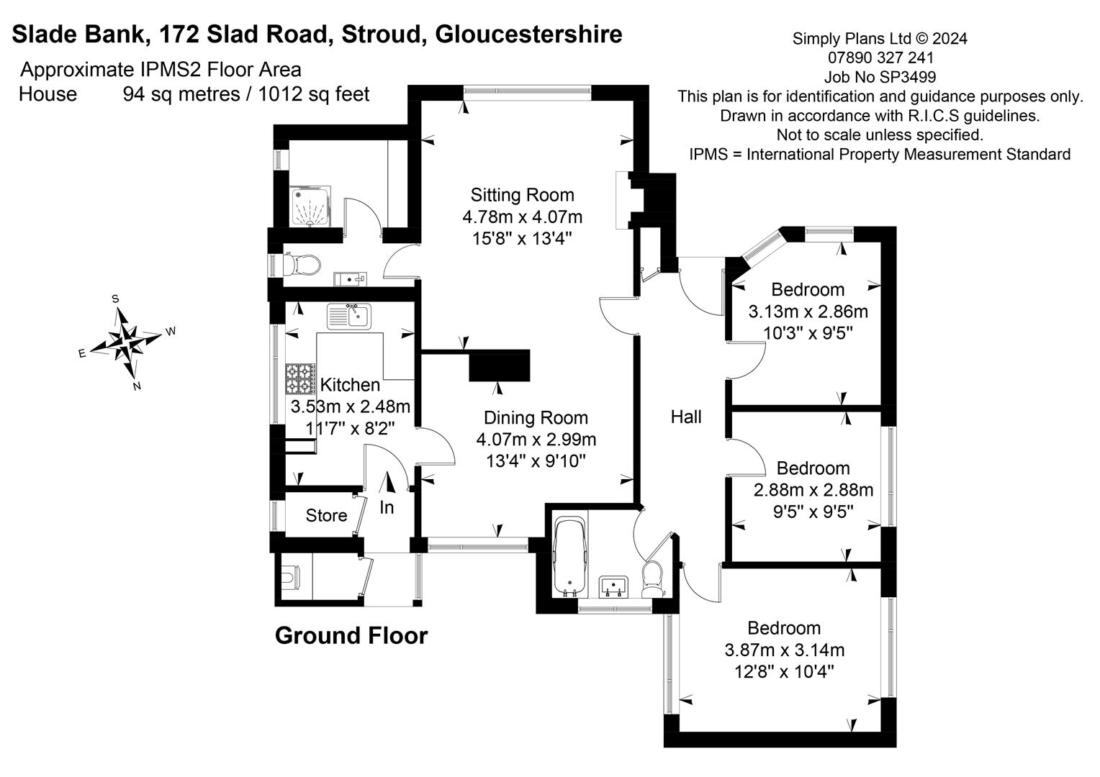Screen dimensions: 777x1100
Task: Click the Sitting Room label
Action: point(522,194)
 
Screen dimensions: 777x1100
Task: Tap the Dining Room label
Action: point(536,417)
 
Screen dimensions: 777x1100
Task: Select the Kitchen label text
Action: point(350,385)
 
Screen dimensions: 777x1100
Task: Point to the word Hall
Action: point(685,417)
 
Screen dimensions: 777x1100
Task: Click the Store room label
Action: point(326,515)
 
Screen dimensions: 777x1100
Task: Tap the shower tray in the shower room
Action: point(310,206)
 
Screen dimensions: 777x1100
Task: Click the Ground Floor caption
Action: point(351,635)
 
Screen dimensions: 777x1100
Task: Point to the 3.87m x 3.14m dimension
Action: point(784,650)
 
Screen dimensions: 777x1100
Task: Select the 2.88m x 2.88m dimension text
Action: point(813,490)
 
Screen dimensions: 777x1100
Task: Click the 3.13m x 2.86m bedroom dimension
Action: point(808,312)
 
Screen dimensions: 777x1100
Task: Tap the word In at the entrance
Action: point(387,507)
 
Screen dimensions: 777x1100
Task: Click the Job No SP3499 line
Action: point(880,77)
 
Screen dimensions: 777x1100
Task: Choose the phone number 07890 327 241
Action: point(880,58)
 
